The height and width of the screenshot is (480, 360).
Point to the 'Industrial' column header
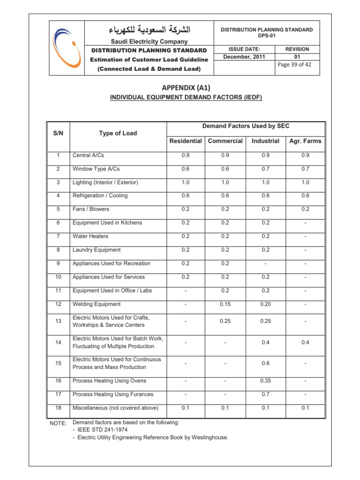point(265,141)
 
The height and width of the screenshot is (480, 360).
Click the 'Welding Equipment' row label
point(96,305)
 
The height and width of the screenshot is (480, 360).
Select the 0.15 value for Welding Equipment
point(225,305)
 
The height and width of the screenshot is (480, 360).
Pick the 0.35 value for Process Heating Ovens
point(265,381)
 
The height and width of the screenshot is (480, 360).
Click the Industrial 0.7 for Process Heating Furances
point(265,394)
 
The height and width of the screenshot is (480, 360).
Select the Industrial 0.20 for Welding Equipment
point(265,305)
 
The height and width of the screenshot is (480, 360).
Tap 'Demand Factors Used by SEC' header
point(246,126)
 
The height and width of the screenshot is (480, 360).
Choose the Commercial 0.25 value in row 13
point(225,322)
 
